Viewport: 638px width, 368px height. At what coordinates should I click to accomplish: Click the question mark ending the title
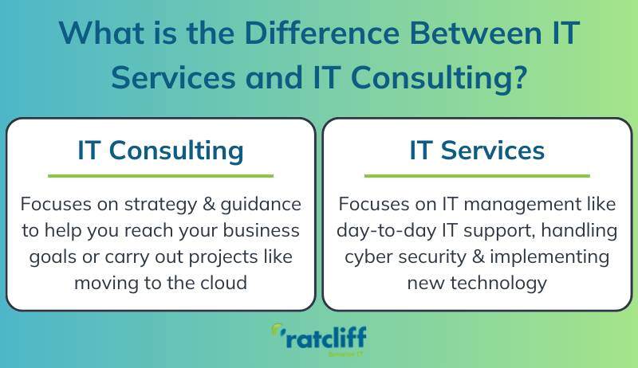[x=519, y=78]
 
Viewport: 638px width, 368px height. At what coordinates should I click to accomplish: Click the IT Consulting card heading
[x=160, y=150]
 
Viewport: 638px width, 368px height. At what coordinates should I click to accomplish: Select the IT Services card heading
[x=477, y=150]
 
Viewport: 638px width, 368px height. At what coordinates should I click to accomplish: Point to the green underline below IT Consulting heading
[x=160, y=175]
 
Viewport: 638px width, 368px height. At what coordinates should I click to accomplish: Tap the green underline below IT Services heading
[x=477, y=175]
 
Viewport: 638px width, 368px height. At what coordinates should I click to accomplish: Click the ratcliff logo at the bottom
[x=318, y=339]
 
